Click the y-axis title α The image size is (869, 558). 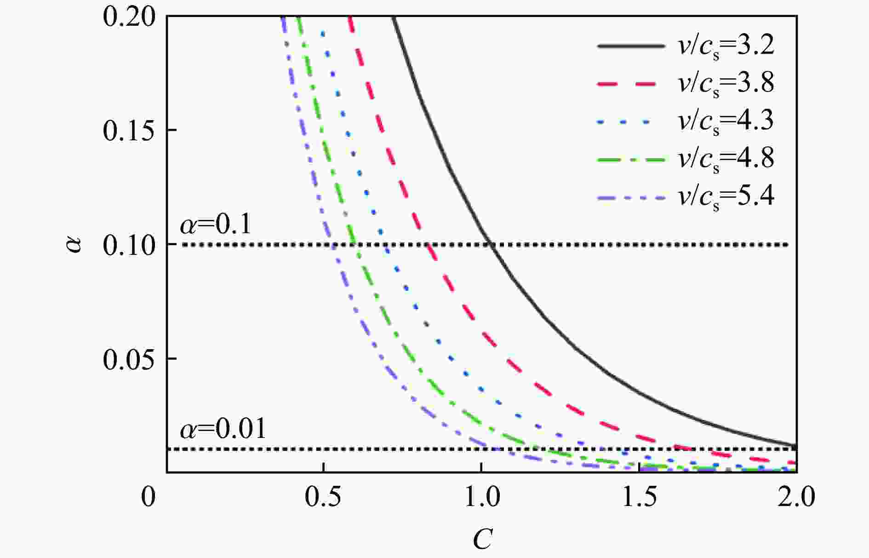[x=74, y=244]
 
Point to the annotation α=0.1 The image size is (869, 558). [x=216, y=225]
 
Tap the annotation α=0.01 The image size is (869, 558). [x=223, y=429]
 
